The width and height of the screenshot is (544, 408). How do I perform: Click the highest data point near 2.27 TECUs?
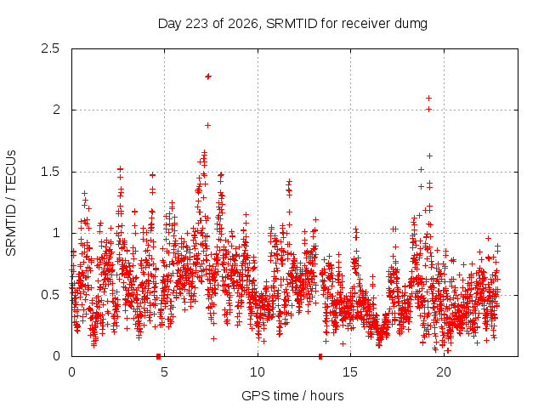(x=208, y=76)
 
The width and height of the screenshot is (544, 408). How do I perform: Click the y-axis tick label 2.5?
(x=50, y=48)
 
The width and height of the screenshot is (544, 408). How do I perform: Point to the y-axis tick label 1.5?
(x=50, y=172)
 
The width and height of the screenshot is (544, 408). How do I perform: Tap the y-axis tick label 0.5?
(x=50, y=295)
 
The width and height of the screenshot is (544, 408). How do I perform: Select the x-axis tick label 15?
(x=350, y=372)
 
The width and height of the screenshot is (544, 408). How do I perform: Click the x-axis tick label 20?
(x=444, y=372)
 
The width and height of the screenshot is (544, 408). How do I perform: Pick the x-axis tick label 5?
(x=164, y=372)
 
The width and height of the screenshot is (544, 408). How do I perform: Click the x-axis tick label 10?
(x=258, y=372)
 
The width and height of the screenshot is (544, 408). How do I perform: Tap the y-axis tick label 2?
(x=56, y=110)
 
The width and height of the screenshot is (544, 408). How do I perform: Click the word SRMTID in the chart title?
(x=292, y=24)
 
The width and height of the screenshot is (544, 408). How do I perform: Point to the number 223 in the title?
(x=196, y=24)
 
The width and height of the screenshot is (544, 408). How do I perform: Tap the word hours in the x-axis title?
(x=326, y=395)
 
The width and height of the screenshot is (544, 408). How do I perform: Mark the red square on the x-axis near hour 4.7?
(x=159, y=356)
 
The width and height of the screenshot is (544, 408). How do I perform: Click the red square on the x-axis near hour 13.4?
(x=320, y=356)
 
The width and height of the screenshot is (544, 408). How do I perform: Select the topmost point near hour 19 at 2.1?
(x=428, y=99)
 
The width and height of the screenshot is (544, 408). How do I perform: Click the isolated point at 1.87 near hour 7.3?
(x=207, y=125)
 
